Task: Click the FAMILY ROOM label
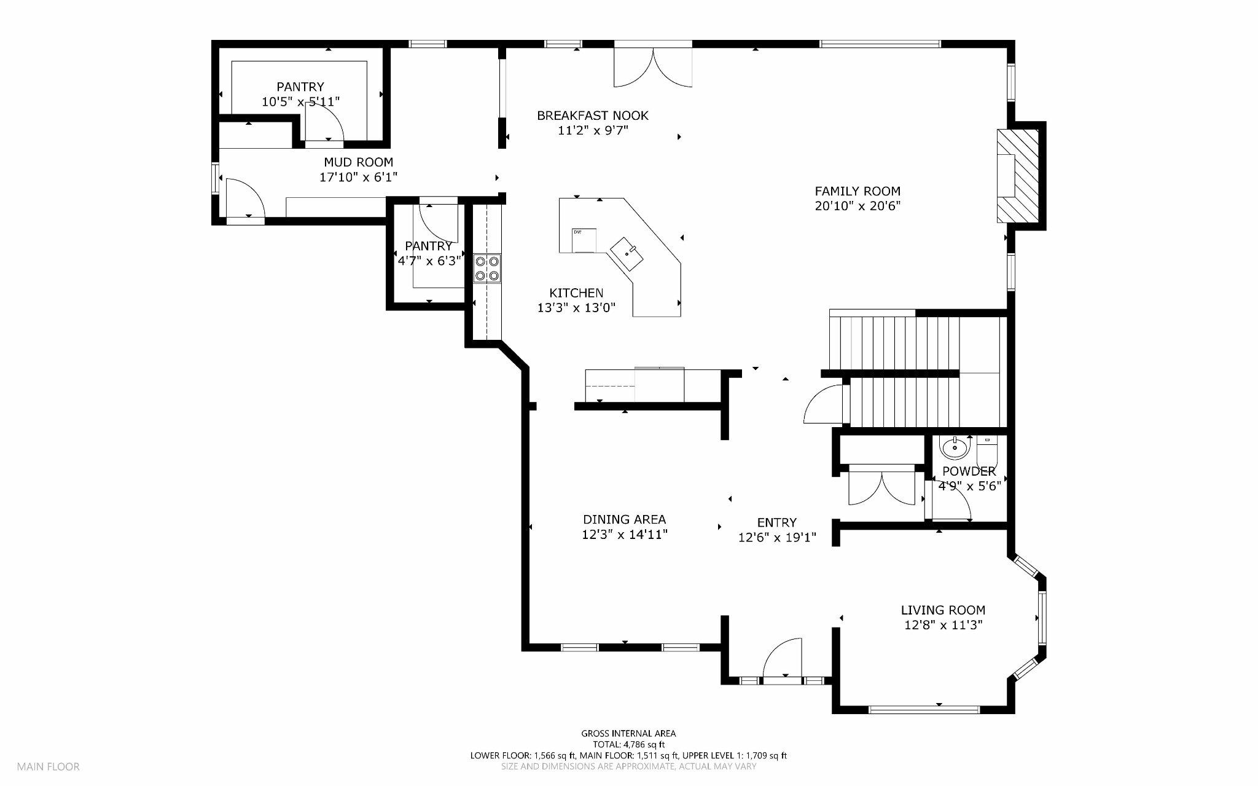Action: coord(857,191)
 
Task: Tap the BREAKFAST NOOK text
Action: coord(592,116)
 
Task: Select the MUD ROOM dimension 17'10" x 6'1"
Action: coord(358,178)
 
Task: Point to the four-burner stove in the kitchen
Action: coord(486,269)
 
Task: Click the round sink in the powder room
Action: coord(954,447)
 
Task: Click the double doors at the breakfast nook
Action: coord(653,68)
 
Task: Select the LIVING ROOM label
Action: coord(942,610)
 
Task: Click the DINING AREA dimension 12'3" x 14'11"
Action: coord(624,535)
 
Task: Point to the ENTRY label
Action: coord(776,522)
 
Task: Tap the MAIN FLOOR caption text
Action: coord(48,766)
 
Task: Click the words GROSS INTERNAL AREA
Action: coord(628,733)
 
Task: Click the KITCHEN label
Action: coord(576,293)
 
